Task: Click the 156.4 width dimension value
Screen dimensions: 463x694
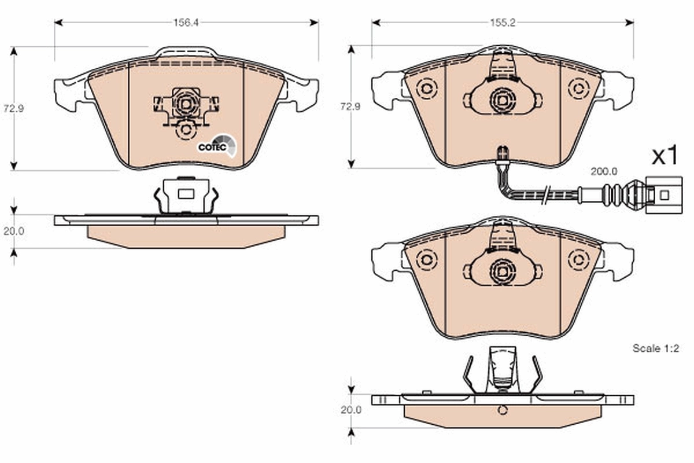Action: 186,23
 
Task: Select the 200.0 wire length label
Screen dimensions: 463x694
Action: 604,172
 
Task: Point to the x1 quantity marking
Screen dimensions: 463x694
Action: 665,156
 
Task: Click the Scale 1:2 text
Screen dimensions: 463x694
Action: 655,348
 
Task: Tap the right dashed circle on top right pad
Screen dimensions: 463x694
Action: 577,89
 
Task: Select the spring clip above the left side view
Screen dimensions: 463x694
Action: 185,195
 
